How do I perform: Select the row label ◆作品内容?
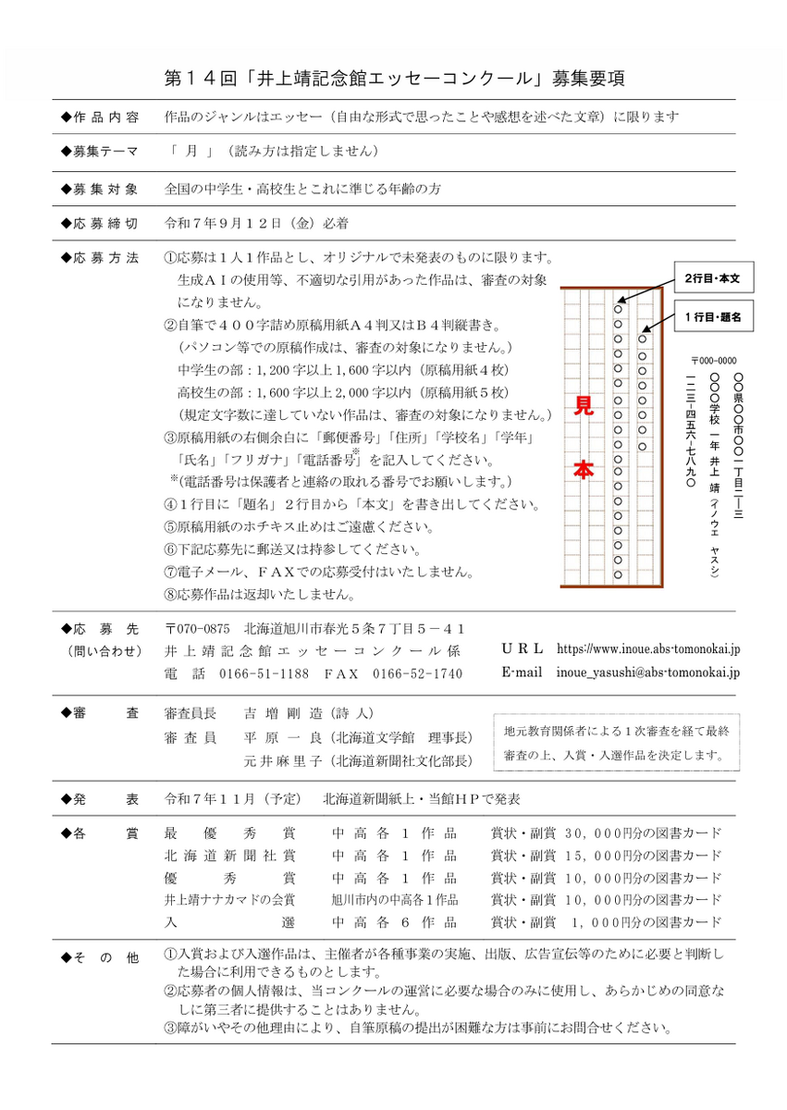point(99,117)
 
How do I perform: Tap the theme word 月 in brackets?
point(191,151)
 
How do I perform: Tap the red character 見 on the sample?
point(584,406)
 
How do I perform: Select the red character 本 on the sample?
point(584,470)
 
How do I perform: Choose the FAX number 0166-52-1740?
point(418,673)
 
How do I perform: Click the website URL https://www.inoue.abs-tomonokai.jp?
point(648,649)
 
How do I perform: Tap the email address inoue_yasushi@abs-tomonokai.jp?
point(648,672)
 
